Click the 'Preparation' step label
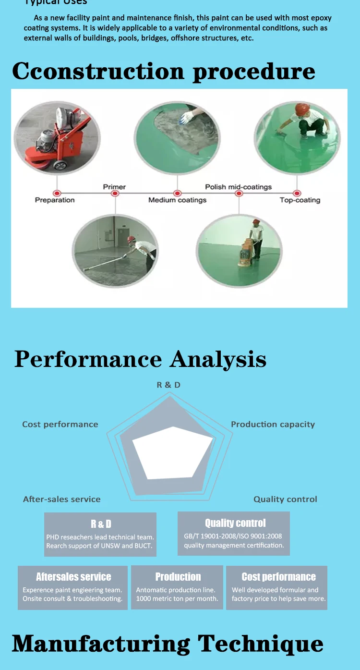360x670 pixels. (55, 200)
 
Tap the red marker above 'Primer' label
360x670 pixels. (115, 194)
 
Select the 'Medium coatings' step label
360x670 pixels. (177, 200)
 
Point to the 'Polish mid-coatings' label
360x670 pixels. (238, 187)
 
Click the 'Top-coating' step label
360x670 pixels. (300, 200)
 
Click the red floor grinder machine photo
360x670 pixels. (57, 140)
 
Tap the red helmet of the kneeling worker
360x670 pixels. (302, 109)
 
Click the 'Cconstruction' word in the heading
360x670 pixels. (98, 72)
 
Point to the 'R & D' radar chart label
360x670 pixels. (168, 385)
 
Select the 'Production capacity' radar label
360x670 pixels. (273, 425)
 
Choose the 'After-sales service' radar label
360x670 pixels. (62, 499)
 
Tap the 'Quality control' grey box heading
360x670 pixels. (235, 523)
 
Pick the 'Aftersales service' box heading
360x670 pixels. (73, 577)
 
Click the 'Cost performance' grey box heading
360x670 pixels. (278, 577)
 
